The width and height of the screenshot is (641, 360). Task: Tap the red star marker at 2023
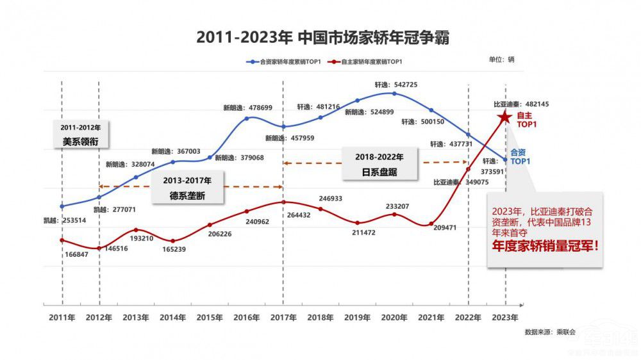click(x=504, y=117)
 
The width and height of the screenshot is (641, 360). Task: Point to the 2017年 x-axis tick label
click(x=283, y=317)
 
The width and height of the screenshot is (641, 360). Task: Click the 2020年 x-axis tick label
click(x=394, y=317)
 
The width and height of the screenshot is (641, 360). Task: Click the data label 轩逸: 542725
click(x=395, y=85)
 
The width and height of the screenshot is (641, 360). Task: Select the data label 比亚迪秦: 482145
click(x=520, y=104)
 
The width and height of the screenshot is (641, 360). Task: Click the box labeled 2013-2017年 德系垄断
click(x=188, y=186)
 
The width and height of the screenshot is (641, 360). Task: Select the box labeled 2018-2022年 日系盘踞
click(x=380, y=164)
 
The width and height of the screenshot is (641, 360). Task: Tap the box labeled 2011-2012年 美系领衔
click(x=81, y=134)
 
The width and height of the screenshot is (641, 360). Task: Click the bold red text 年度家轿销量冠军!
click(x=545, y=245)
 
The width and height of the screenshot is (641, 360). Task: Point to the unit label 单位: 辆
click(x=501, y=60)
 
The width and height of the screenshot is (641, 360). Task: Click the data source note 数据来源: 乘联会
click(x=549, y=332)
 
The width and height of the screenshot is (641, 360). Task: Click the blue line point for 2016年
click(x=247, y=119)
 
